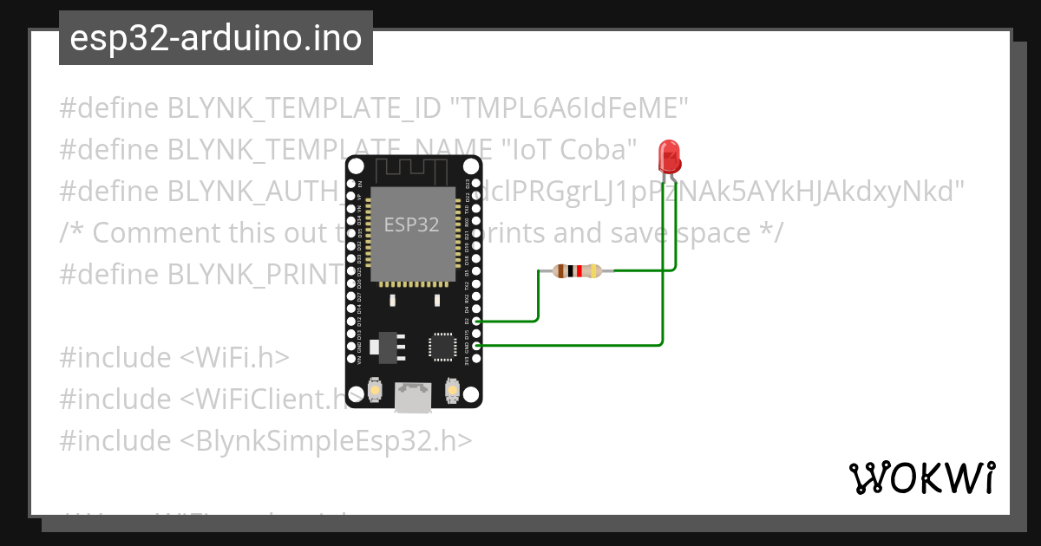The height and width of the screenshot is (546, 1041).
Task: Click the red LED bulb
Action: [x=670, y=156]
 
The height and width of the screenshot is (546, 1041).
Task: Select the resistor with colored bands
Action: [x=575, y=271]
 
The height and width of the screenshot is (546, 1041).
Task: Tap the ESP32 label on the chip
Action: [x=412, y=224]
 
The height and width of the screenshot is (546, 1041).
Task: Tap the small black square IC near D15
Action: [x=442, y=346]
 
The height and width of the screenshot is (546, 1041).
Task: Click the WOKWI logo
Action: [x=921, y=478]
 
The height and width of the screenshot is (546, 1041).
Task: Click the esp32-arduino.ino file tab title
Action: [x=216, y=38]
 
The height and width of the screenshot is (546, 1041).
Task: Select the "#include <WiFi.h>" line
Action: [x=174, y=357]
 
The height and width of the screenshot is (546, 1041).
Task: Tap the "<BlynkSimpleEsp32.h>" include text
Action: [x=327, y=440]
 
